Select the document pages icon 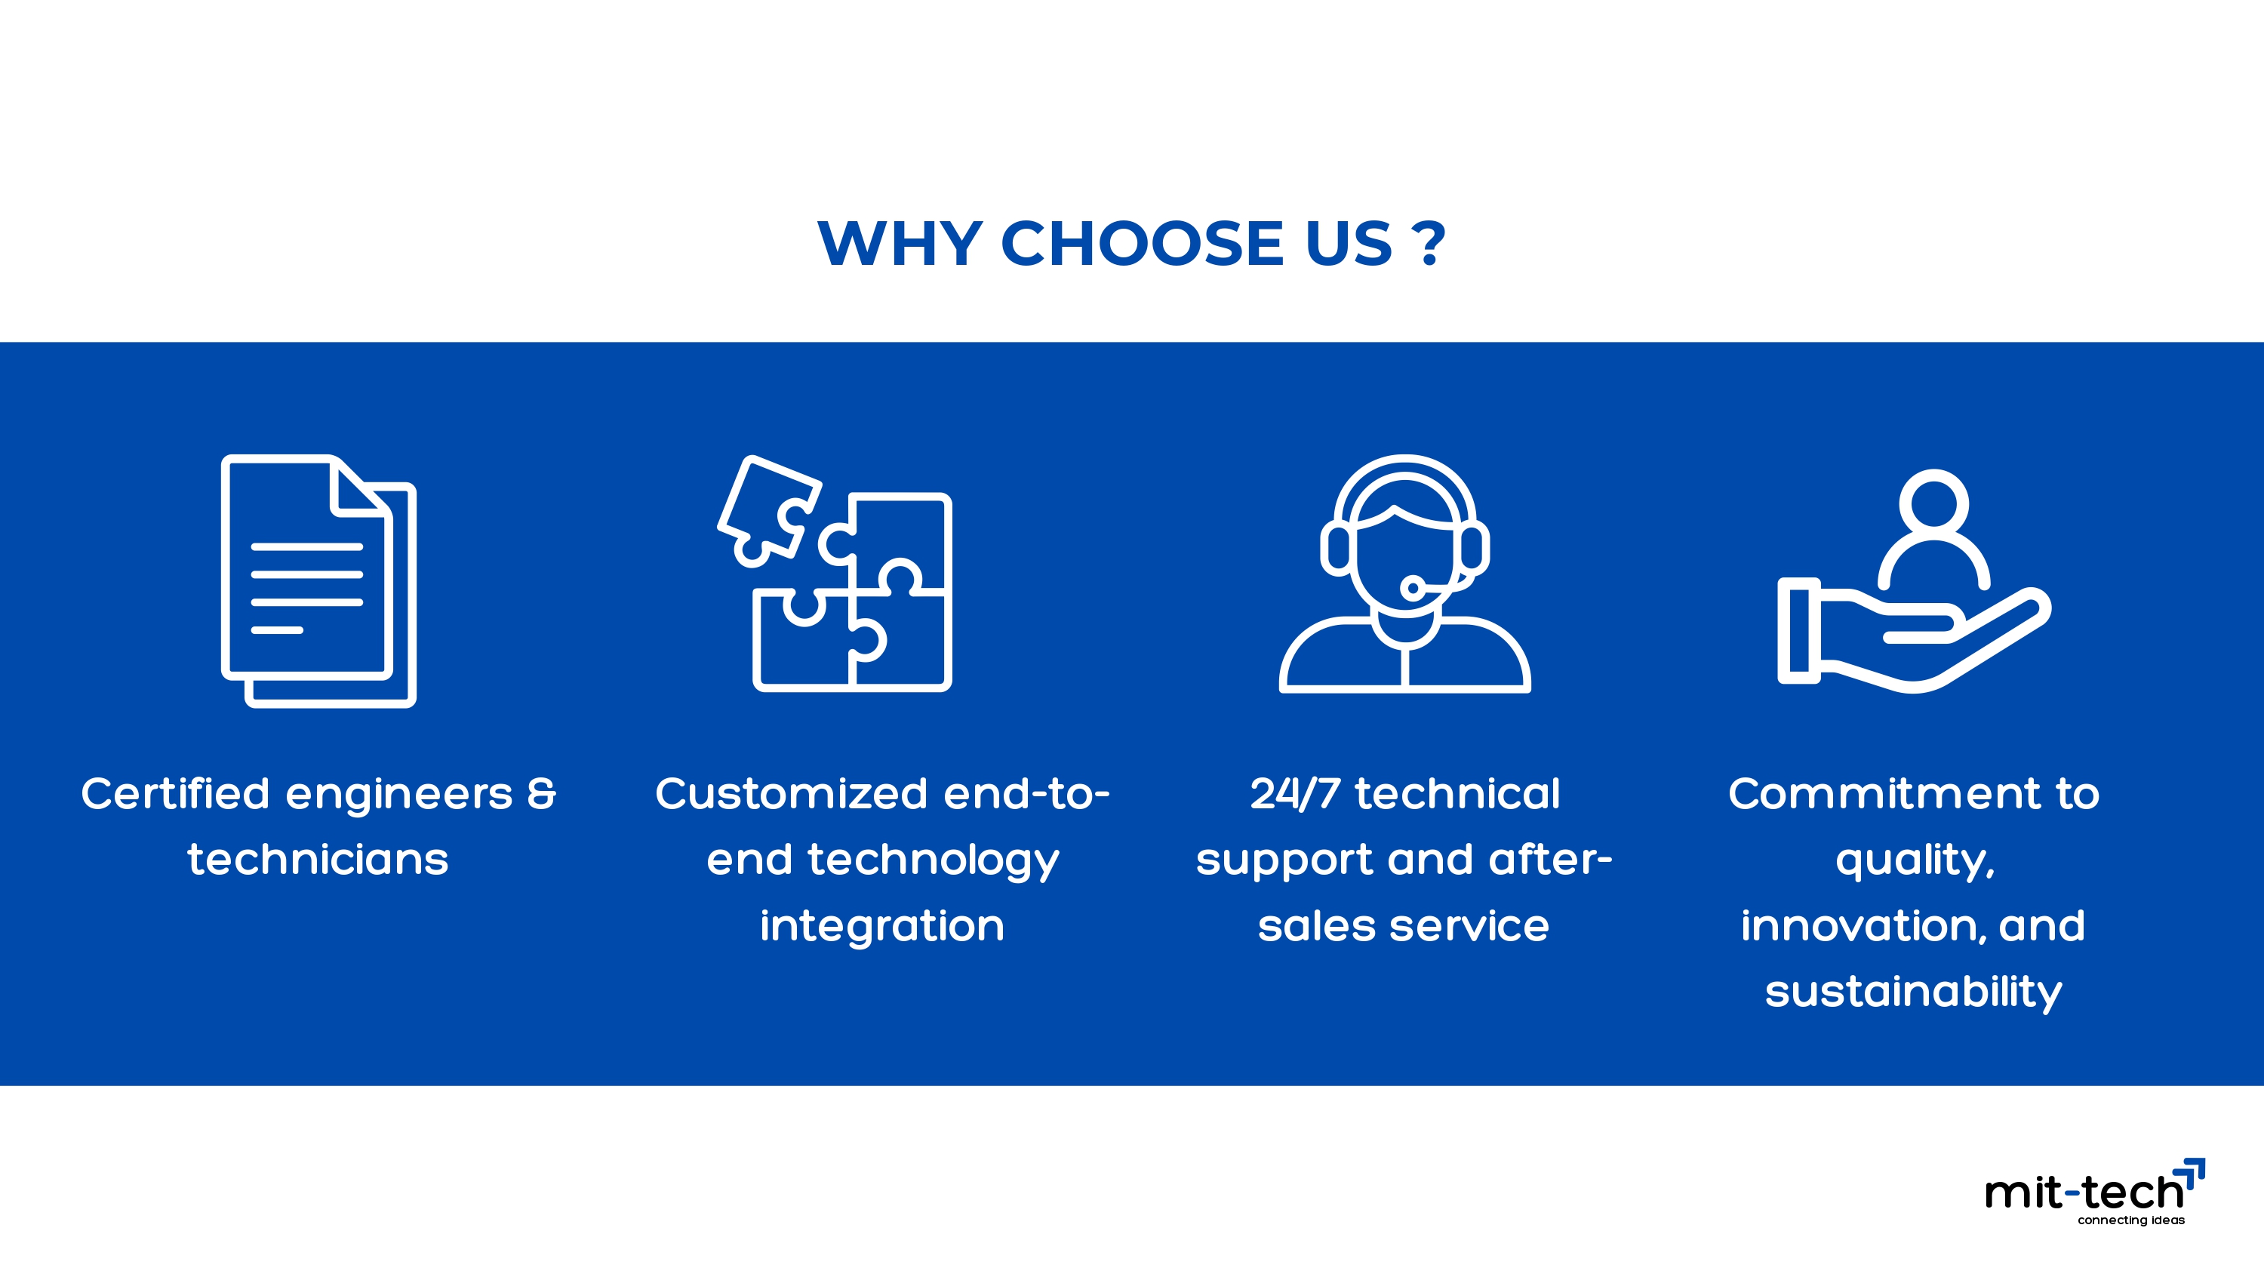(318, 580)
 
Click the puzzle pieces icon (835, 574)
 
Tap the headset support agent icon (1404, 574)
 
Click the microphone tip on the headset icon (1413, 587)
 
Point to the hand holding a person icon (1914, 581)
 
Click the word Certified (176, 793)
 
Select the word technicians (318, 859)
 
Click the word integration (882, 925)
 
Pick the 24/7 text (1296, 793)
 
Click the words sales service (1404, 926)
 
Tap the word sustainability (1913, 992)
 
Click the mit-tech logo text (2084, 1192)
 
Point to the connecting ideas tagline (2131, 1220)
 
